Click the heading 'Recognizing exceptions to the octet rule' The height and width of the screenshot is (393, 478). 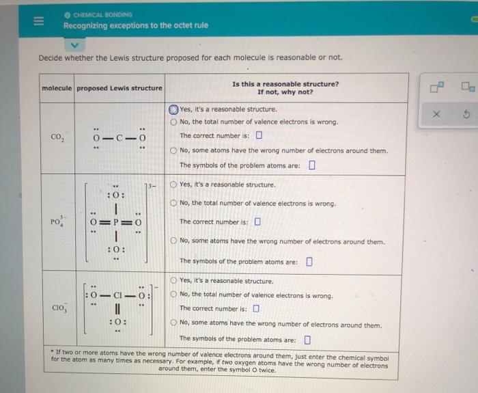click(x=135, y=26)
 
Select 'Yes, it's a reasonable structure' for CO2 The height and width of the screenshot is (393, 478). click(x=174, y=109)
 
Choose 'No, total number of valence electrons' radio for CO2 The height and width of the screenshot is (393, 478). click(x=174, y=122)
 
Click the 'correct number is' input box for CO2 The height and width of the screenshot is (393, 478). click(x=258, y=135)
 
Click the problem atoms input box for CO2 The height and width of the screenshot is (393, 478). click(x=311, y=165)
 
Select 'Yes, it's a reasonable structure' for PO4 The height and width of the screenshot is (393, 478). click(x=174, y=185)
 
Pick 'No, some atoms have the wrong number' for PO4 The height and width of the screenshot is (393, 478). click(x=174, y=242)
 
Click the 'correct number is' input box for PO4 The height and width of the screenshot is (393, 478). click(x=258, y=222)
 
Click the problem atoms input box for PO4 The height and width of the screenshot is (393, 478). click(x=309, y=261)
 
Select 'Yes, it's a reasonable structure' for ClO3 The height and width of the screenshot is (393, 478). click(x=174, y=281)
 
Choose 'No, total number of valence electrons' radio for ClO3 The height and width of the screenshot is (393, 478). click(x=174, y=296)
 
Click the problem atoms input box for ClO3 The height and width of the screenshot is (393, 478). click(x=307, y=340)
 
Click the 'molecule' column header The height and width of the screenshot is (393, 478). click(x=57, y=88)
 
